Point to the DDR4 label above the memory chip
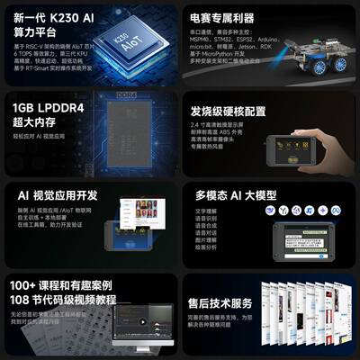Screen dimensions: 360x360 [127, 94]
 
